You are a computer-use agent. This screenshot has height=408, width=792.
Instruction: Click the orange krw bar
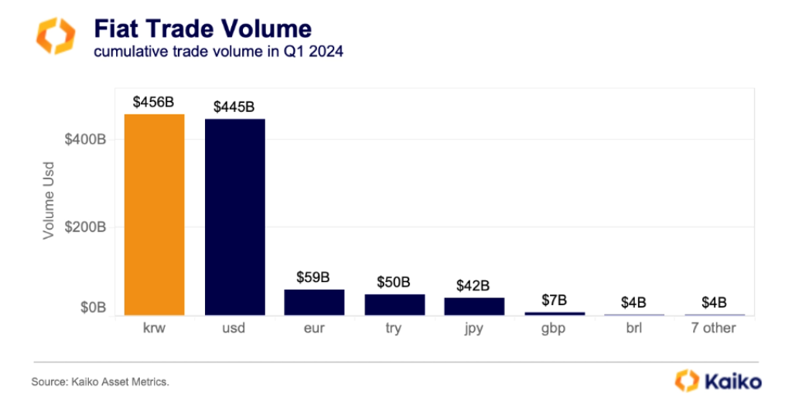point(155,215)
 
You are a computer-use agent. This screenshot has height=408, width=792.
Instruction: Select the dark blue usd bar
point(234,217)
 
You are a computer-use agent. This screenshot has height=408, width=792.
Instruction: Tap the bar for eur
point(314,302)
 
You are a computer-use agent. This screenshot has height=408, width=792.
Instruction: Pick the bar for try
point(394,304)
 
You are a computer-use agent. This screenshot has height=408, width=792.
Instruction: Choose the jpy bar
point(474,306)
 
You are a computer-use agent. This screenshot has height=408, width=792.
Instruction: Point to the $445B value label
point(234,107)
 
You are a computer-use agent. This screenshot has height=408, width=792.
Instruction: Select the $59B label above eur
point(314,277)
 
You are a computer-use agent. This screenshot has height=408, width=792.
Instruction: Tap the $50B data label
point(394,282)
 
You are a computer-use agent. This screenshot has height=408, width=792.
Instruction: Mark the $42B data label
point(473,285)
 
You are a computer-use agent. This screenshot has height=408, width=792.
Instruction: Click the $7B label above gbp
point(554,300)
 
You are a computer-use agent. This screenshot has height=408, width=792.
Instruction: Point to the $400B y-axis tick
point(85,140)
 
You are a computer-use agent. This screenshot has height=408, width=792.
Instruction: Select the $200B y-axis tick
point(85,227)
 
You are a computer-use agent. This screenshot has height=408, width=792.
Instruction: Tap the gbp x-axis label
point(554,328)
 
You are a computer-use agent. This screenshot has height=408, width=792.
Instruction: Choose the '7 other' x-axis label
point(713,328)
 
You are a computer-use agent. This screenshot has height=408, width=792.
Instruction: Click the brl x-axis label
point(633,328)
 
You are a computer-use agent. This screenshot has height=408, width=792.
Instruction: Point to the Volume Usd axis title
point(48,199)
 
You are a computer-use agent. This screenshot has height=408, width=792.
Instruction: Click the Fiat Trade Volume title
point(202,29)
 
